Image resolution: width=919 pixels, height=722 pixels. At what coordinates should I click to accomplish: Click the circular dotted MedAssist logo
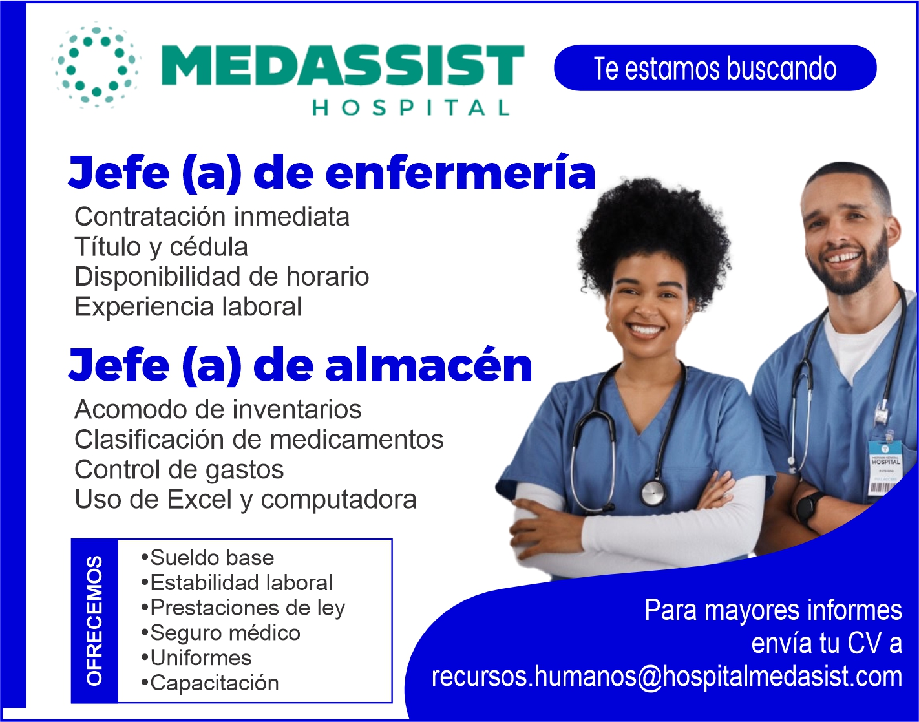96,67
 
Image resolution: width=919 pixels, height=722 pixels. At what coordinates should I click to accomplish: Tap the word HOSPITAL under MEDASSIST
411,107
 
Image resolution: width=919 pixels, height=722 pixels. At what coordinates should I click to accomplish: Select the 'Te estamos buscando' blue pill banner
715,68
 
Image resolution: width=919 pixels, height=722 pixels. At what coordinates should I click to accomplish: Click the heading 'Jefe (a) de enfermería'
332,174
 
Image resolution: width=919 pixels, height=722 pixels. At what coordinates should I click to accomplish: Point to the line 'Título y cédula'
161,247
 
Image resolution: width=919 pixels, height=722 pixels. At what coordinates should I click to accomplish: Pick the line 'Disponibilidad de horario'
222,277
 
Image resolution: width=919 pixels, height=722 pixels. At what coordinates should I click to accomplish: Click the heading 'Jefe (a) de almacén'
300,366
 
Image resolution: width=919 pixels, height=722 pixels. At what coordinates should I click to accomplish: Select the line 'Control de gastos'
179,470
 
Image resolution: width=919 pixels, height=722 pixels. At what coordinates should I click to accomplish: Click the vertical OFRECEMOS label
94,621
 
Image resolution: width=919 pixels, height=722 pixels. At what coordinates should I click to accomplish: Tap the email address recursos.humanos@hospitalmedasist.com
666,677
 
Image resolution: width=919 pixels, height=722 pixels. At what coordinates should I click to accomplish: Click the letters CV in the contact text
864,643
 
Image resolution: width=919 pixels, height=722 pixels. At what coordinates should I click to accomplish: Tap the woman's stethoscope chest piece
653,493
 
